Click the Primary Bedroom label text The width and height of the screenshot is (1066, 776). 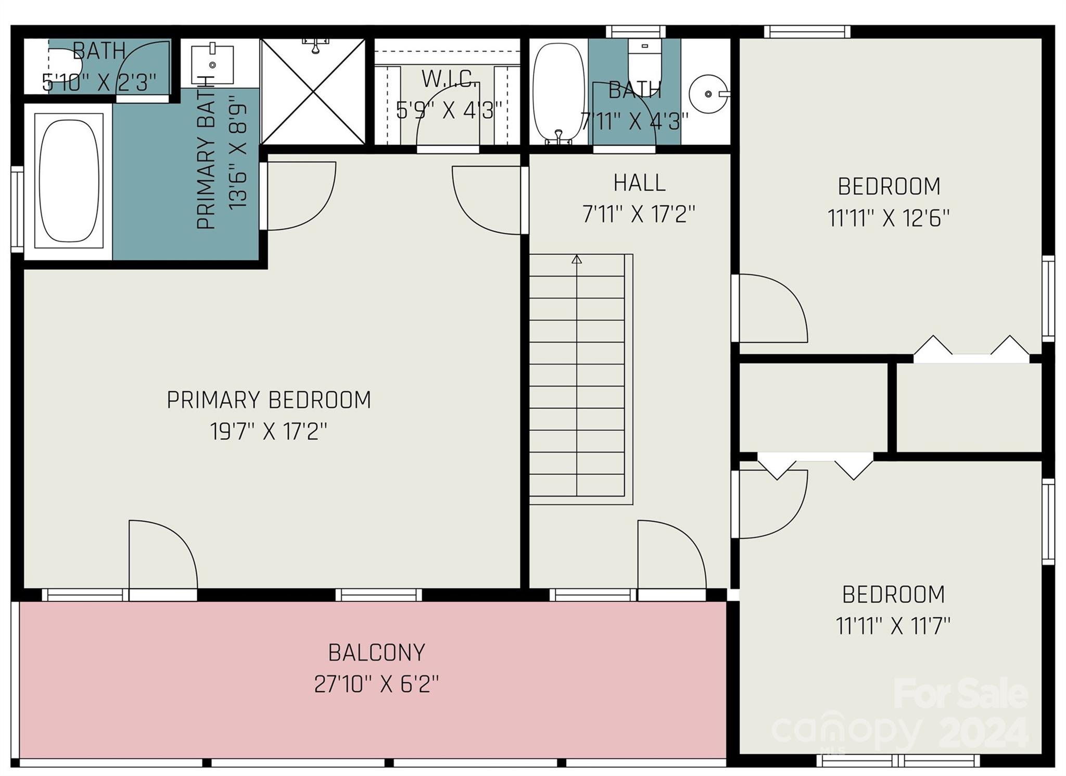[269, 400]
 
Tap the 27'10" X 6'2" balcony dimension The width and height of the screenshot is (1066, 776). [376, 684]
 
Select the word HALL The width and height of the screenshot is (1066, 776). [639, 183]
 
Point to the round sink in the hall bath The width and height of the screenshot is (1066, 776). [708, 94]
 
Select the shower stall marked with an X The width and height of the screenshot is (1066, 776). [313, 91]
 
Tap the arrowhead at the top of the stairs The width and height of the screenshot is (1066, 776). [576, 259]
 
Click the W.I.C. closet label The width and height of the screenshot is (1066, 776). [450, 79]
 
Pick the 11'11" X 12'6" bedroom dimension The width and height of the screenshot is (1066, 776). [889, 218]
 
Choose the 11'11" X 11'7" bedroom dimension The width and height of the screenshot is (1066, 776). [893, 626]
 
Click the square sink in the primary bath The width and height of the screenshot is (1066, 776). [212, 64]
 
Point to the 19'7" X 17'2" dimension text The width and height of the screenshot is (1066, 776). [269, 431]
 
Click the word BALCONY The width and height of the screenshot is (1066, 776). [376, 653]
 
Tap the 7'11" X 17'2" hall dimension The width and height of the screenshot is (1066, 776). [639, 214]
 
